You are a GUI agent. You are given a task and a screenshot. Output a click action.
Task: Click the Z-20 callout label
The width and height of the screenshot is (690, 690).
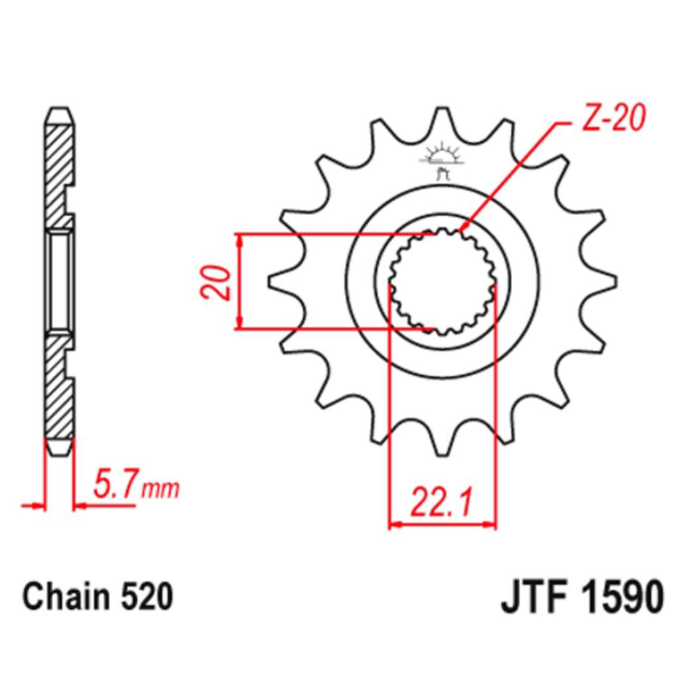coord(614,118)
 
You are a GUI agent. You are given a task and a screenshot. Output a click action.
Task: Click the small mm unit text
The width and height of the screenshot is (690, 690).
coord(160,489)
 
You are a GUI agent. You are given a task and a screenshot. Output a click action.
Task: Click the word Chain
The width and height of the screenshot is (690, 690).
coord(66,597)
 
